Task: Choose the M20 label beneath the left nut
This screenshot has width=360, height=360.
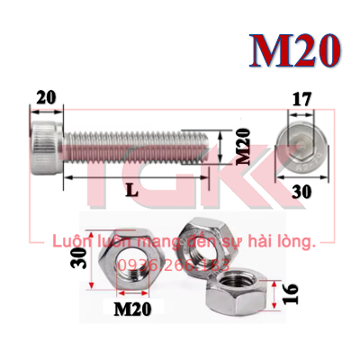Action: (x=131, y=310)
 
